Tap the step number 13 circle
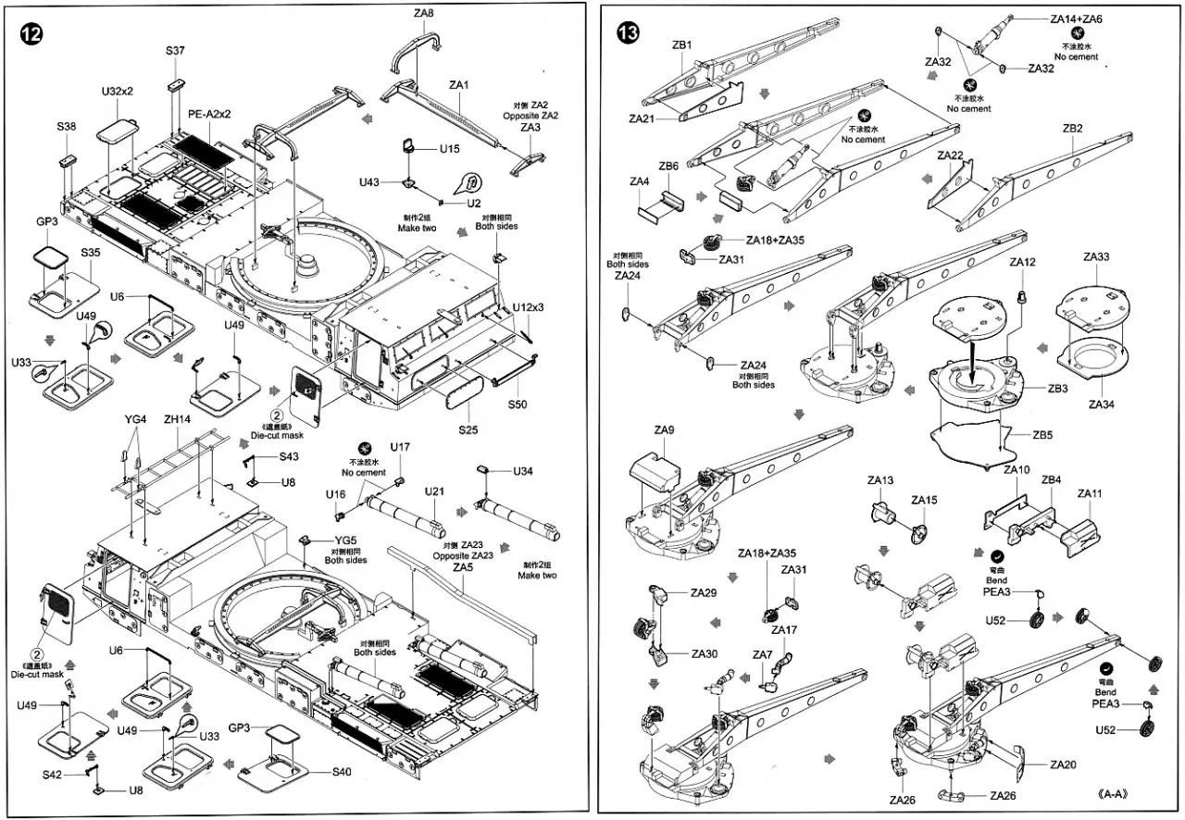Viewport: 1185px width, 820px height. [627, 32]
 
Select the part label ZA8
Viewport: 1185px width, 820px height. [425, 13]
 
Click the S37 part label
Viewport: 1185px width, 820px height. [176, 51]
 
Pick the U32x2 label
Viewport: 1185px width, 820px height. [118, 92]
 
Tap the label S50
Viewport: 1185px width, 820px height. [518, 405]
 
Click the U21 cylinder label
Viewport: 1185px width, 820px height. [435, 491]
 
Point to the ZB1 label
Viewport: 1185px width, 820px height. [682, 44]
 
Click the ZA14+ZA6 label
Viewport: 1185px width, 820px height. [1076, 19]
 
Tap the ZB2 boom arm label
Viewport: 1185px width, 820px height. [1072, 129]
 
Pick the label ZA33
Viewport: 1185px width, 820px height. [1096, 256]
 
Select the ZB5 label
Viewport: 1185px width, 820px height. [1043, 434]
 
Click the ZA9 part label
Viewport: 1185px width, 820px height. [664, 430]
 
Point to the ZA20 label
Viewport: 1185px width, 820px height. [1064, 764]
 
